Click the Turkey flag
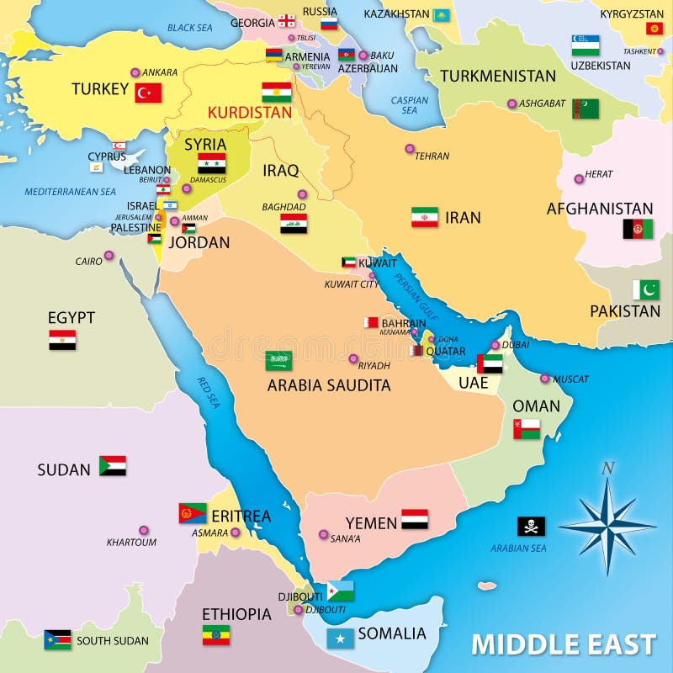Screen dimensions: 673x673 [x=148, y=93]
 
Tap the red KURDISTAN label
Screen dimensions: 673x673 [x=250, y=112]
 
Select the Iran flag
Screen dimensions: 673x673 [x=425, y=217]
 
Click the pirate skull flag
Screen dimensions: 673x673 [x=531, y=526]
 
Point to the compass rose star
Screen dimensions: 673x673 [x=607, y=527]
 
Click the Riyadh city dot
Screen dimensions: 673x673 [x=353, y=358]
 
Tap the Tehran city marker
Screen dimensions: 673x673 [x=410, y=149]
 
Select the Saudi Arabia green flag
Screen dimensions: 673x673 [x=279, y=361]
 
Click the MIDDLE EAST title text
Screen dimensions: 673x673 [x=563, y=644]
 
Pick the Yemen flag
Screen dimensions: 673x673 [x=415, y=519]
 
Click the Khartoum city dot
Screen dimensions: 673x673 [x=144, y=531]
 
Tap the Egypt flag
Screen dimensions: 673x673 [x=62, y=340]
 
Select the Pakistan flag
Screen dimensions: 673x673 [x=646, y=289]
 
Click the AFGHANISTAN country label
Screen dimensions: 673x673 [x=600, y=209]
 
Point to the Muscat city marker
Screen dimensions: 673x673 [x=545, y=379]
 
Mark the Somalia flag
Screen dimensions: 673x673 [x=340, y=639]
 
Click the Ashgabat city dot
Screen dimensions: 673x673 [x=511, y=103]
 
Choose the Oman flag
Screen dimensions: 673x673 [x=527, y=429]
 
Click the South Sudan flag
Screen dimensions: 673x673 [x=57, y=639]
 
